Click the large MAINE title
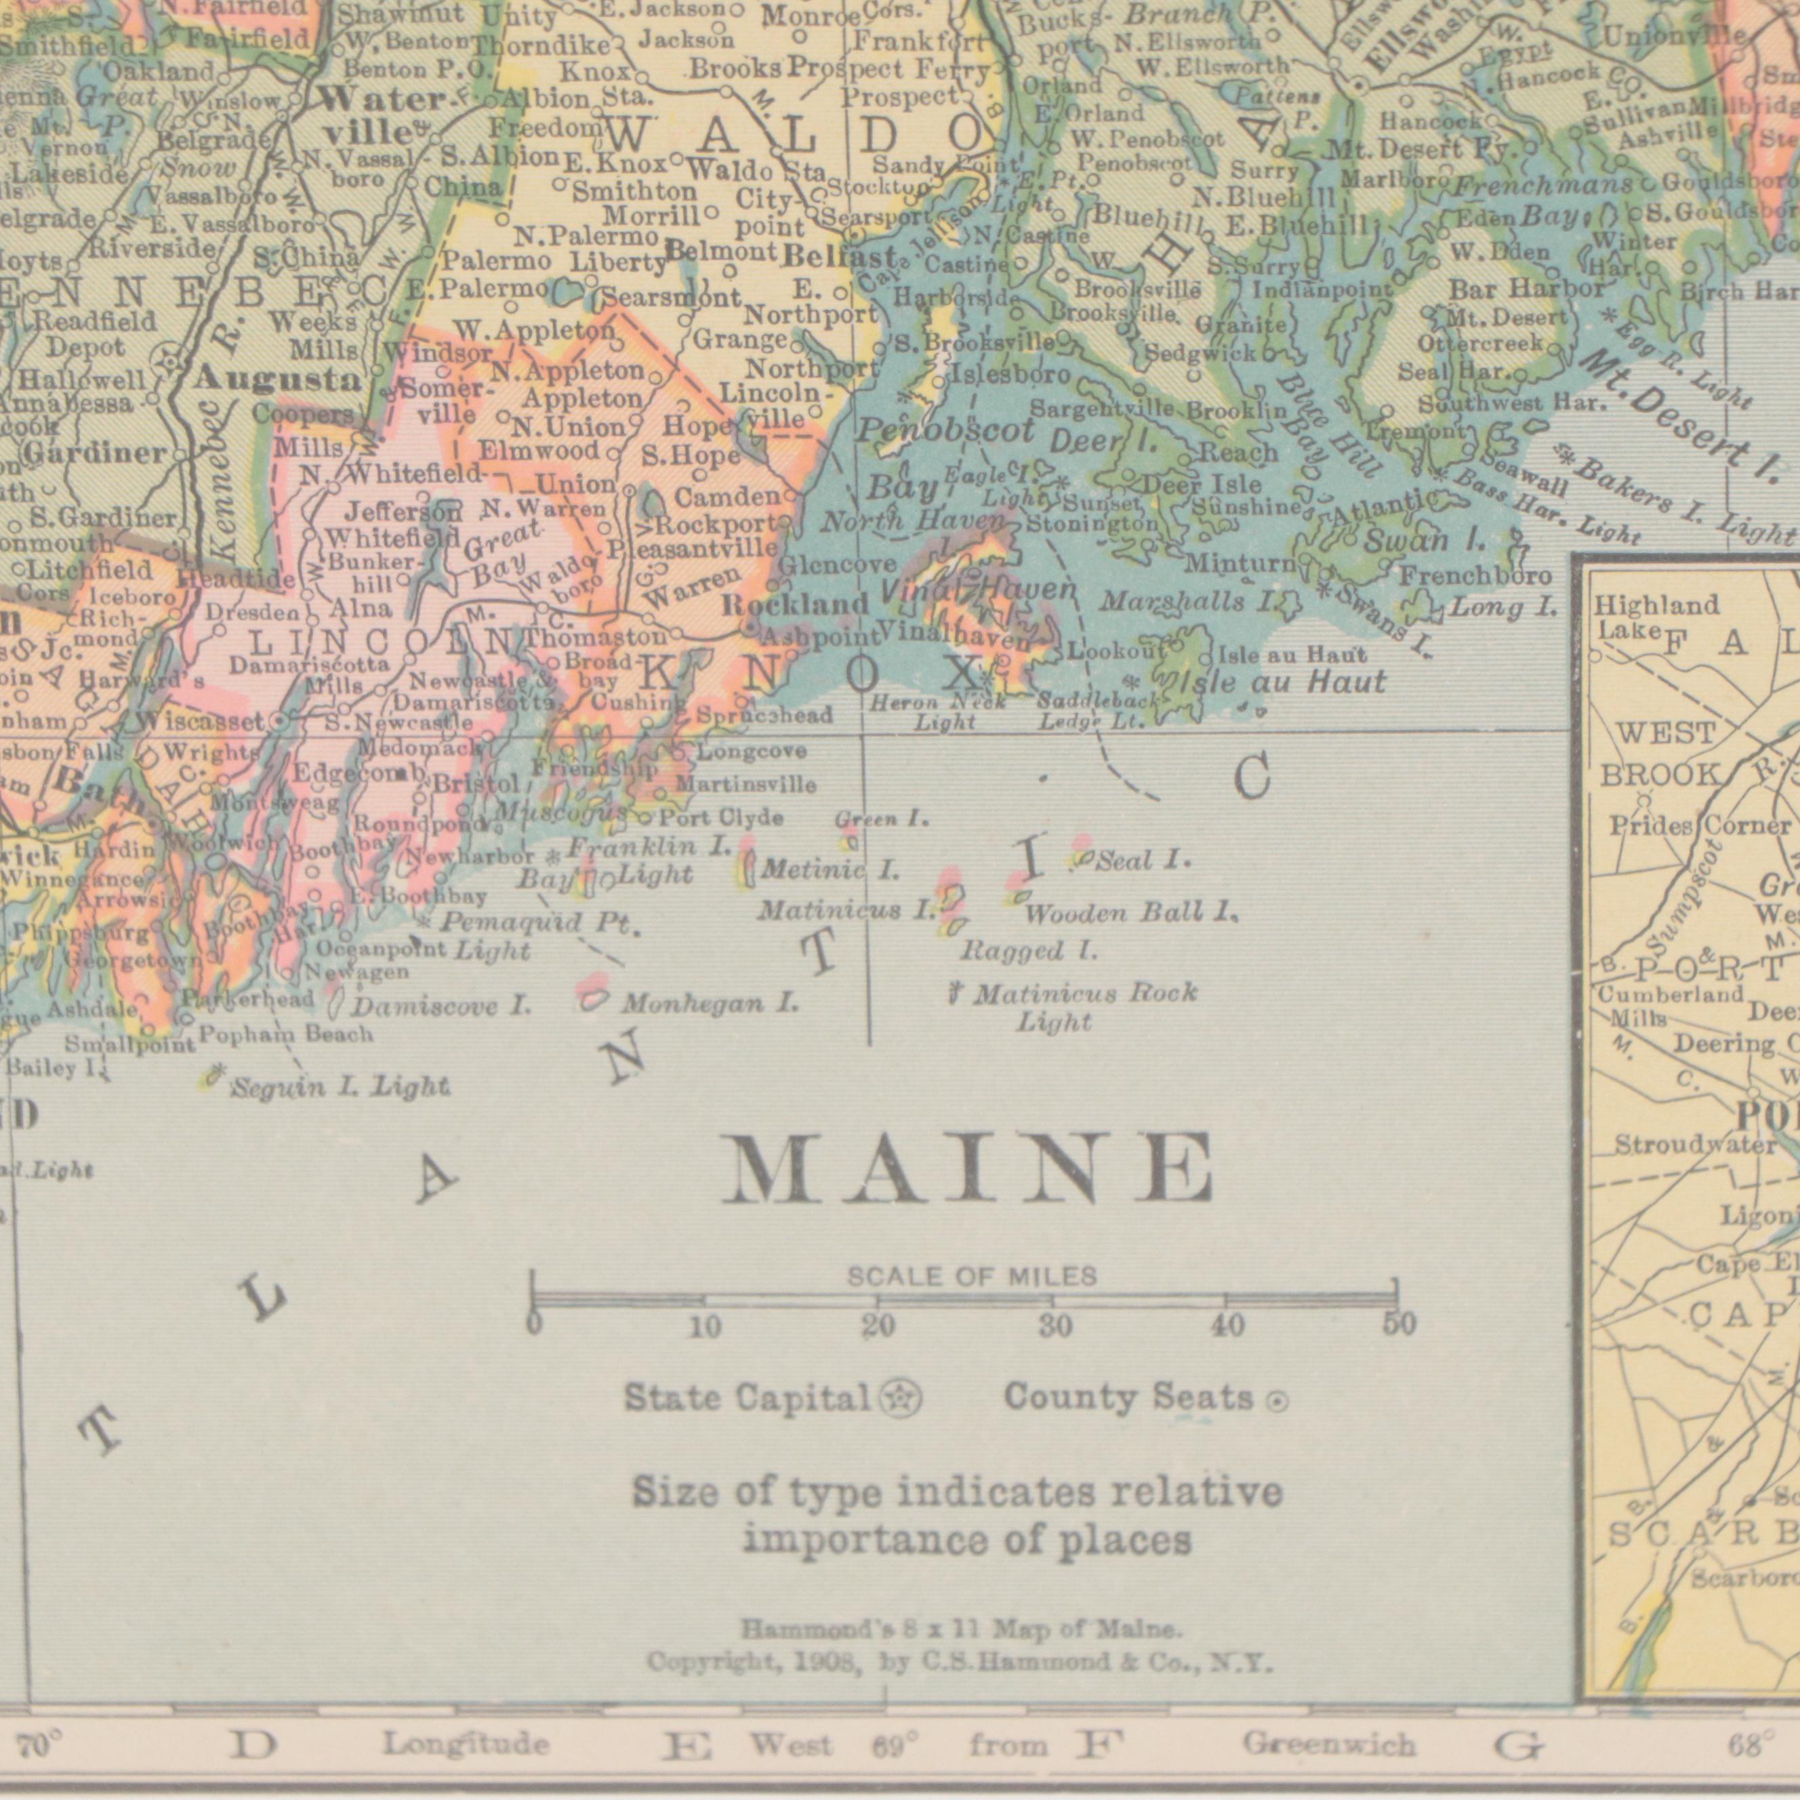969,1169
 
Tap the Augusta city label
278,380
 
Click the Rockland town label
796,606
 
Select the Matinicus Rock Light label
1081,1007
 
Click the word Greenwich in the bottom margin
1328,1743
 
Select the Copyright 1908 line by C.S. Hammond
960,1661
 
